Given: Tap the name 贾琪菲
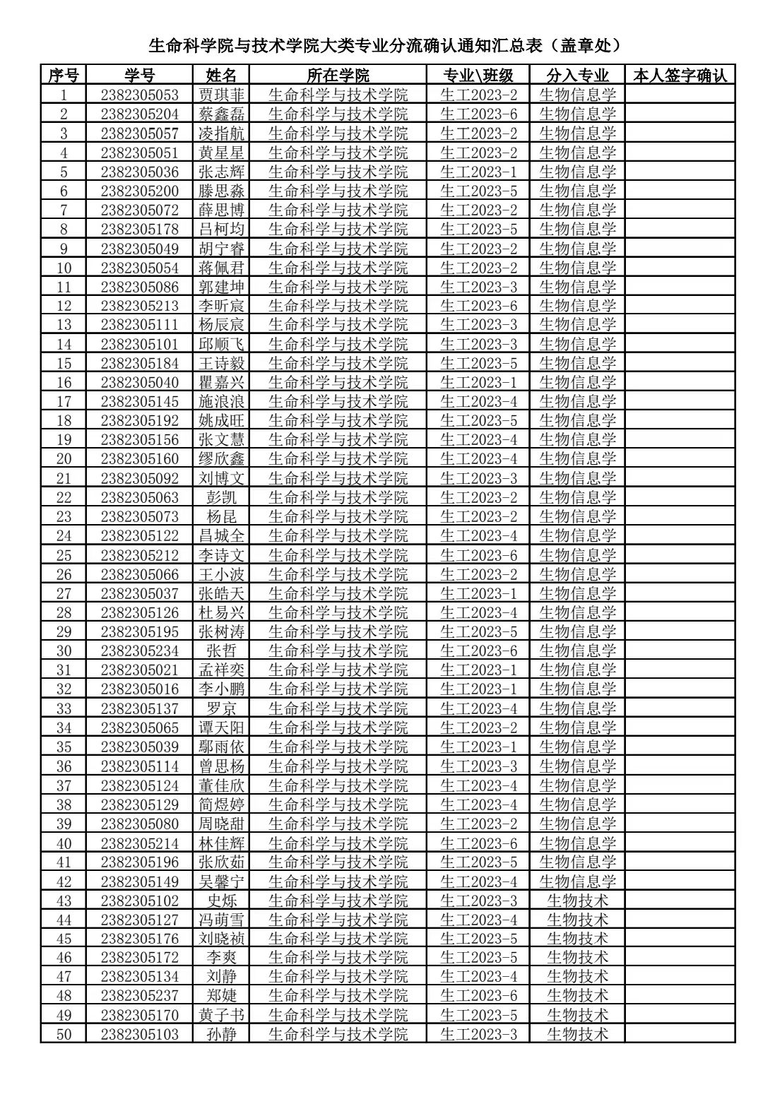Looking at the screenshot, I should coord(221,95).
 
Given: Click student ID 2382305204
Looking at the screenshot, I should coord(139,114).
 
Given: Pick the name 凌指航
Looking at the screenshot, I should coord(221,133).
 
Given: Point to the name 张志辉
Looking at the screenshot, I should coord(221,172).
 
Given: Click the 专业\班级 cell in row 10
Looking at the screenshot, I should coord(478,268).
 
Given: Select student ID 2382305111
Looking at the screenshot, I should coord(139,325).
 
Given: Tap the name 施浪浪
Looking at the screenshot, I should coord(221,401).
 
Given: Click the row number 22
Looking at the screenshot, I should coord(64,497).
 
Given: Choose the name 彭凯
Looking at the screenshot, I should coord(221,497).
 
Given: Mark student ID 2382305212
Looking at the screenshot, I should coord(139,555).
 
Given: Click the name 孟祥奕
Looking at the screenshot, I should coord(221,670).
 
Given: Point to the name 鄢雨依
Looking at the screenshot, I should coord(221,747).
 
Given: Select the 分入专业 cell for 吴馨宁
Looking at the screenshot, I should coord(577,881).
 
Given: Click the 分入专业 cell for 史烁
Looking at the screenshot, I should coord(577,901).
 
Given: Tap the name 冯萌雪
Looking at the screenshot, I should coord(221,920).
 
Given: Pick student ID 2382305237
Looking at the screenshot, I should coord(139,996).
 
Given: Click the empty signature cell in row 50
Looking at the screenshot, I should coord(679,1034).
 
